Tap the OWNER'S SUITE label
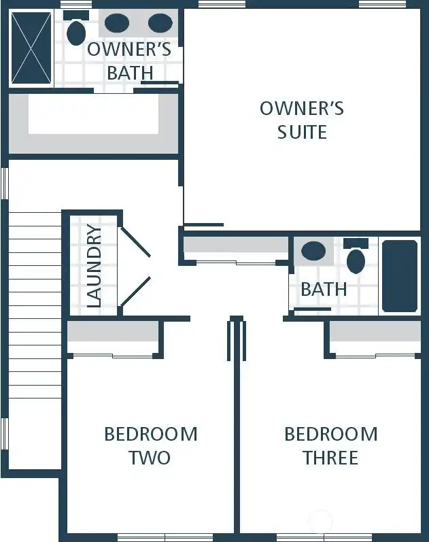point(302,120)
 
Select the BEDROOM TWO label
point(150,445)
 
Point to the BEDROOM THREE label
point(330,445)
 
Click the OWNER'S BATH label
point(129,61)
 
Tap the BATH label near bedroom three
point(324,289)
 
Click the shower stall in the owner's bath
point(31,48)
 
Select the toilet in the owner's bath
point(76,31)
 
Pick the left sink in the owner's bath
point(117,23)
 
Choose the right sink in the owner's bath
point(160,23)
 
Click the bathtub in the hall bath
point(399,275)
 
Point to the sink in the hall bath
point(313,251)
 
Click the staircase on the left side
point(34,340)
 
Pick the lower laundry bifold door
point(135,290)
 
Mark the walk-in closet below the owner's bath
point(93,123)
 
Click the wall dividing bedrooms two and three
point(237,442)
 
